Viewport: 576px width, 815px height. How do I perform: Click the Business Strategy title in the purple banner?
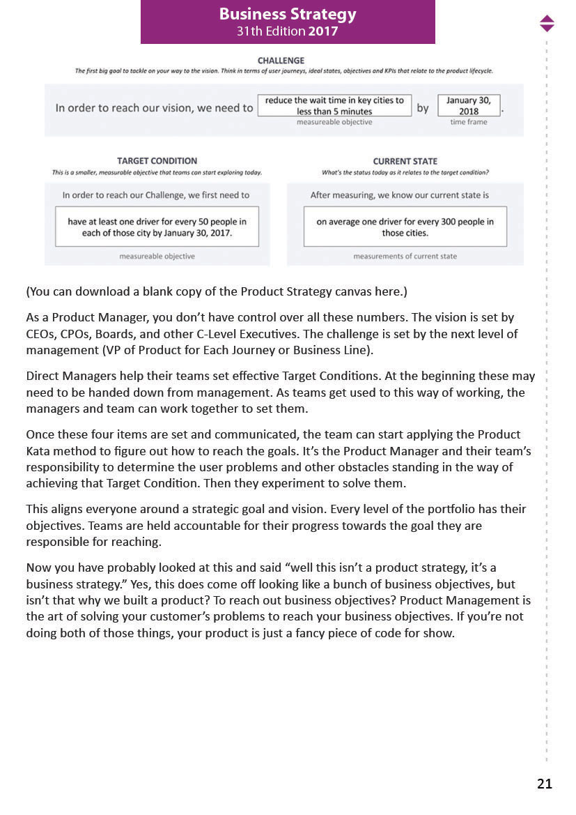click(x=288, y=14)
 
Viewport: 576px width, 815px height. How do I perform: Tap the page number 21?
click(x=544, y=784)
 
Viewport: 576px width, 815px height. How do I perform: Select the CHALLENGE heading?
click(x=281, y=61)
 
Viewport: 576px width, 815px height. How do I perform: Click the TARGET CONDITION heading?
click(x=157, y=161)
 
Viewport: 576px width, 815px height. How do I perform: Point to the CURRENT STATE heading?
click(x=405, y=161)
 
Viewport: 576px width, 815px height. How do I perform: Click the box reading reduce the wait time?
click(x=334, y=106)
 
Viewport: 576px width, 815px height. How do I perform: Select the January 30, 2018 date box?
click(x=469, y=106)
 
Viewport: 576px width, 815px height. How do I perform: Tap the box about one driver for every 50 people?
click(x=157, y=227)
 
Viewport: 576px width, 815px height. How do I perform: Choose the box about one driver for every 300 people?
click(x=405, y=227)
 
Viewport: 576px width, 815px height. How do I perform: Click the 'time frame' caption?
click(x=469, y=122)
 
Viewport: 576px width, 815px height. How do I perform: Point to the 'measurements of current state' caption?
click(x=405, y=257)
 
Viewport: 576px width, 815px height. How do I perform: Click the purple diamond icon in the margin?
click(x=547, y=23)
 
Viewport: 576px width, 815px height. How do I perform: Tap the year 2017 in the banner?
click(x=324, y=31)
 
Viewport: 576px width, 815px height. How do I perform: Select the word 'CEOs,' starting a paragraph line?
click(x=42, y=334)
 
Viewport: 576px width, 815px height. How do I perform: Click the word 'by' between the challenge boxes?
click(x=423, y=108)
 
